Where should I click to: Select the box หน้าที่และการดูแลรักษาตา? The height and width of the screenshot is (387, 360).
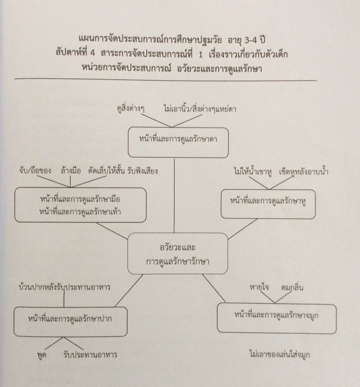click(178, 142)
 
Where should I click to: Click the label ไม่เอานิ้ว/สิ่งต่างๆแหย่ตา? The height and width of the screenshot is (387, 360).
click(200, 109)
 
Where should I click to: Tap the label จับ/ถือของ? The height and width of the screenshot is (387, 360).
click(35, 171)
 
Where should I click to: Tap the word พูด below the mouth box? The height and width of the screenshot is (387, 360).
click(41, 355)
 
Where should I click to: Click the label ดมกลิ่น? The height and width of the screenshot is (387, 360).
click(292, 287)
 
